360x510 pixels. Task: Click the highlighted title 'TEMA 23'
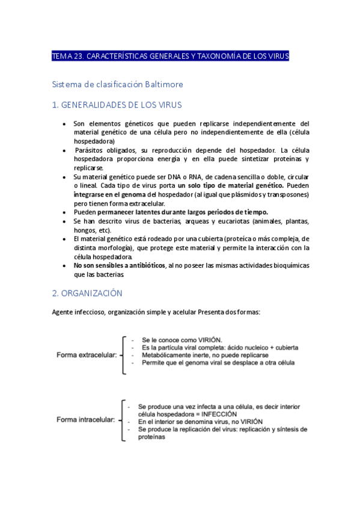pos(171,57)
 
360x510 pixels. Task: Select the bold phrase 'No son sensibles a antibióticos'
pos(119,265)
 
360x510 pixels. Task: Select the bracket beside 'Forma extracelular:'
pos(123,355)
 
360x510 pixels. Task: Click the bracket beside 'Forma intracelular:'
pos(122,419)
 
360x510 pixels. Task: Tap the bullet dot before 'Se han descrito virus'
pos(65,221)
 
